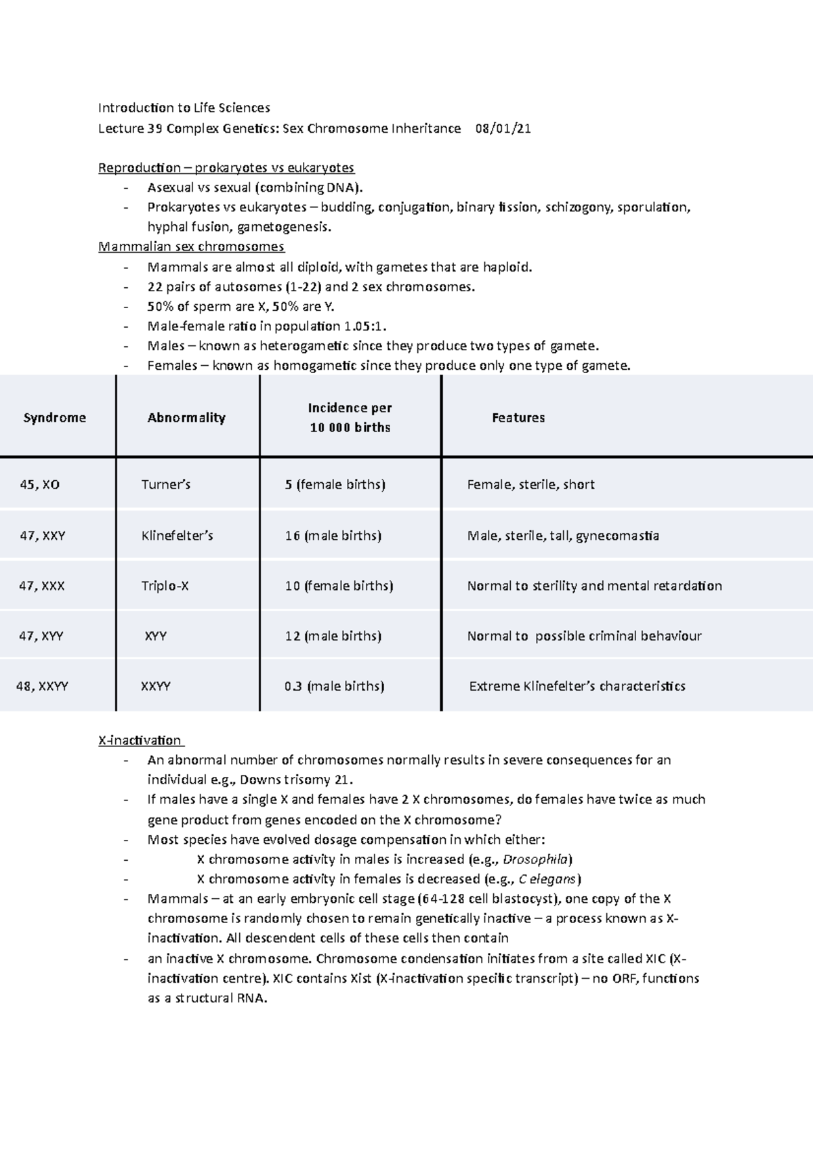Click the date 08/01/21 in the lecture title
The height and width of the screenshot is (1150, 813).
pyautogui.click(x=503, y=129)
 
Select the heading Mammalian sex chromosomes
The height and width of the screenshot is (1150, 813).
pyautogui.click(x=191, y=247)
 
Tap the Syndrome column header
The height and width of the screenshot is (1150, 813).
pyautogui.click(x=55, y=418)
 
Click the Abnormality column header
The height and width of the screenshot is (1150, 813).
pyautogui.click(x=186, y=418)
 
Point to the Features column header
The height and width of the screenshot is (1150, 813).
pyautogui.click(x=518, y=418)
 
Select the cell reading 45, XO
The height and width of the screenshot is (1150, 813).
pyautogui.click(x=40, y=485)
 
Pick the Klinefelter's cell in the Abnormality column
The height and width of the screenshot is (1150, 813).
pyautogui.click(x=177, y=536)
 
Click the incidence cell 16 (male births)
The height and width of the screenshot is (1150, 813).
pyautogui.click(x=333, y=536)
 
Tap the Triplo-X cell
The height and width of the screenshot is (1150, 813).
pyautogui.click(x=165, y=586)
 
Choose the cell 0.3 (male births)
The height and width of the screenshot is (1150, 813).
pyautogui.click(x=334, y=686)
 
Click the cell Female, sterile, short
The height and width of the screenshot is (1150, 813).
pyautogui.click(x=530, y=485)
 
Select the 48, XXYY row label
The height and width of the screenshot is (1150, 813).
pyautogui.click(x=42, y=686)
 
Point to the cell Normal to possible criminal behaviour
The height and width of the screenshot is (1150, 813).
pyautogui.click(x=584, y=636)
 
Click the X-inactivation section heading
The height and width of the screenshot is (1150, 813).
pyautogui.click(x=140, y=740)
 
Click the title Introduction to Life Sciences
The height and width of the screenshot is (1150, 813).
pyautogui.click(x=184, y=108)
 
